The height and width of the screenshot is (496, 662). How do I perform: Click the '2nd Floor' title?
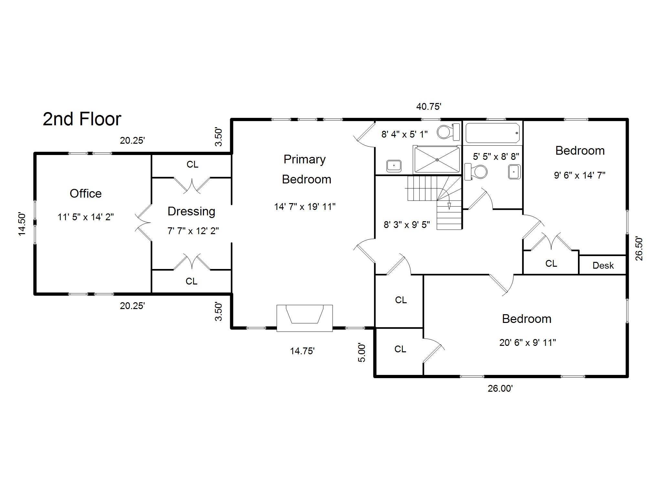(82, 119)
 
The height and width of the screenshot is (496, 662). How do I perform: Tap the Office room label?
(86, 193)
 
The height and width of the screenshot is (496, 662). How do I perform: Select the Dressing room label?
(191, 212)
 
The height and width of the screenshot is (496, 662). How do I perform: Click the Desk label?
(603, 265)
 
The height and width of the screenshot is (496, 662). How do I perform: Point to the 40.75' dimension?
(429, 107)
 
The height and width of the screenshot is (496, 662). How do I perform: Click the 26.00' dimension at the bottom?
(500, 388)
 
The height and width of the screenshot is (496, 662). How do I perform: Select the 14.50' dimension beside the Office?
(22, 224)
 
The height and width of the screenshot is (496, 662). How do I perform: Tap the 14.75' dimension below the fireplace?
(302, 351)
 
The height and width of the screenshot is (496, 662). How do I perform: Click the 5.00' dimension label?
(362, 353)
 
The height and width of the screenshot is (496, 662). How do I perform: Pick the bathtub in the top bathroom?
(493, 133)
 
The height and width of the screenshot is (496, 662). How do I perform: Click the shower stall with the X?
(437, 160)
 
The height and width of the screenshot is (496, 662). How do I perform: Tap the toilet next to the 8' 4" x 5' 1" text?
(448, 132)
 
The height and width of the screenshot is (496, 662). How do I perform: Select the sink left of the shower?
(394, 166)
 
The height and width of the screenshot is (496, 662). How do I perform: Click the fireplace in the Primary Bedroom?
(304, 318)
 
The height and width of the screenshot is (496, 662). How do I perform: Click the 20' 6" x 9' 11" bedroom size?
(528, 342)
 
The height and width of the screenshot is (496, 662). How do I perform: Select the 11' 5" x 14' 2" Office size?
(86, 217)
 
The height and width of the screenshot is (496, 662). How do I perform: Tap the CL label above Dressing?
(192, 165)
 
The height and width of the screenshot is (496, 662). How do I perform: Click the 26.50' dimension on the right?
(639, 249)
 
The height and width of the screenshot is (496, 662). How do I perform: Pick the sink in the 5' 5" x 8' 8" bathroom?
(514, 172)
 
